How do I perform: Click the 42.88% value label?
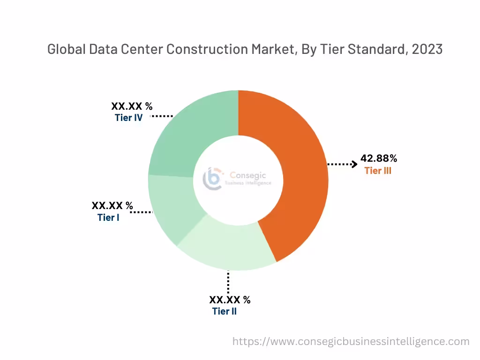[379, 158]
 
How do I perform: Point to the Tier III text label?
[378, 171]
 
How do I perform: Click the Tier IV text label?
[128, 118]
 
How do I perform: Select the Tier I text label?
[108, 217]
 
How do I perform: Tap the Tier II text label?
[224, 311]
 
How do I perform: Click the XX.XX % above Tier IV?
[132, 106]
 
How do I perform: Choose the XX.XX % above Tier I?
[112, 206]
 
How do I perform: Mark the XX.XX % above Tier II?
[230, 300]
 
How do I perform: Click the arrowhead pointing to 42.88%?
[354, 164]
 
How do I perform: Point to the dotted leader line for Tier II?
[228, 282]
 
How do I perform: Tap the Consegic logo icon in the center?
[212, 179]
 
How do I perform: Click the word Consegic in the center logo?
[247, 175]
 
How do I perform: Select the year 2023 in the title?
[427, 49]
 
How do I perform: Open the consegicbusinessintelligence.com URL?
[351, 341]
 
